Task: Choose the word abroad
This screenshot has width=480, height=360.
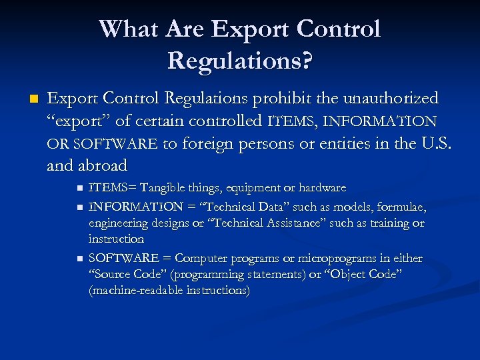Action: coord(103,165)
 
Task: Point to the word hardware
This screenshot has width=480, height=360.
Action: coord(322,189)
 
